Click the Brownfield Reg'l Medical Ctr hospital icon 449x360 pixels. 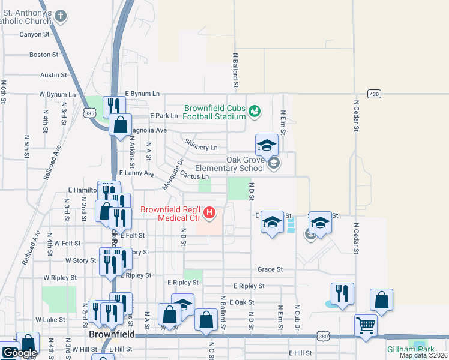click(209, 212)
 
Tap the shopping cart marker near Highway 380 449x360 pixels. click(366, 326)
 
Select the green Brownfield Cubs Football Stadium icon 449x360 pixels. click(255, 110)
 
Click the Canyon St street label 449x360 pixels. click(34, 34)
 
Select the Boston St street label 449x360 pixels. click(44, 55)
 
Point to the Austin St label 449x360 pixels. click(53, 75)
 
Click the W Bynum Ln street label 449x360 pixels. click(58, 95)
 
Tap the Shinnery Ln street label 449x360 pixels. click(201, 148)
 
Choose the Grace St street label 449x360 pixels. click(270, 270)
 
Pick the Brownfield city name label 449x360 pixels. click(111, 334)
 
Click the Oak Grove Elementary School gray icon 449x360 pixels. click(274, 163)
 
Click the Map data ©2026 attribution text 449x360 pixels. click(423, 355)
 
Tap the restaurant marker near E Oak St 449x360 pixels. click(342, 293)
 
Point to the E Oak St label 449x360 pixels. click(243, 303)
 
